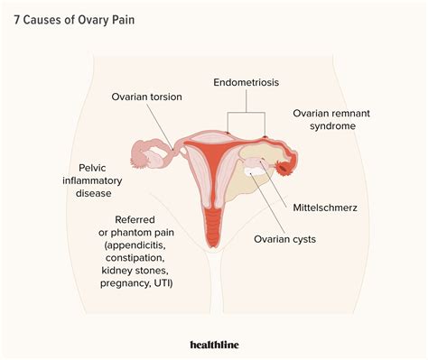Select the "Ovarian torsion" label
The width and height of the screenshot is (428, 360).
coord(146,97)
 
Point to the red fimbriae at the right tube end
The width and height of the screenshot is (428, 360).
coord(288,166)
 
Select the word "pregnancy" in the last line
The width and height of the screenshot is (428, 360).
coord(127,283)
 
